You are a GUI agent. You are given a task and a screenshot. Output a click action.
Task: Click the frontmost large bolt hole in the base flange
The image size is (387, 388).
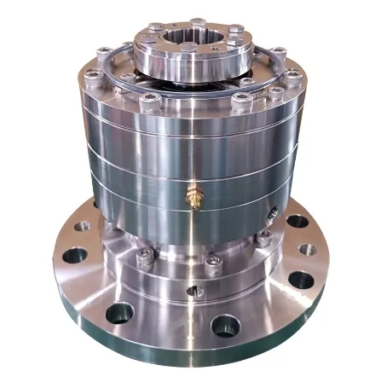coord(226,325)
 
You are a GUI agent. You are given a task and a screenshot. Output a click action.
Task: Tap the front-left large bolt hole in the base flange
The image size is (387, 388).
coord(118,312)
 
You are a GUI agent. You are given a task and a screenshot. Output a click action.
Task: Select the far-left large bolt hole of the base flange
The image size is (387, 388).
coord(75,254)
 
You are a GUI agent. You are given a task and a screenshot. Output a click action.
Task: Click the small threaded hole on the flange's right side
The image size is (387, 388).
coord(313,249)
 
